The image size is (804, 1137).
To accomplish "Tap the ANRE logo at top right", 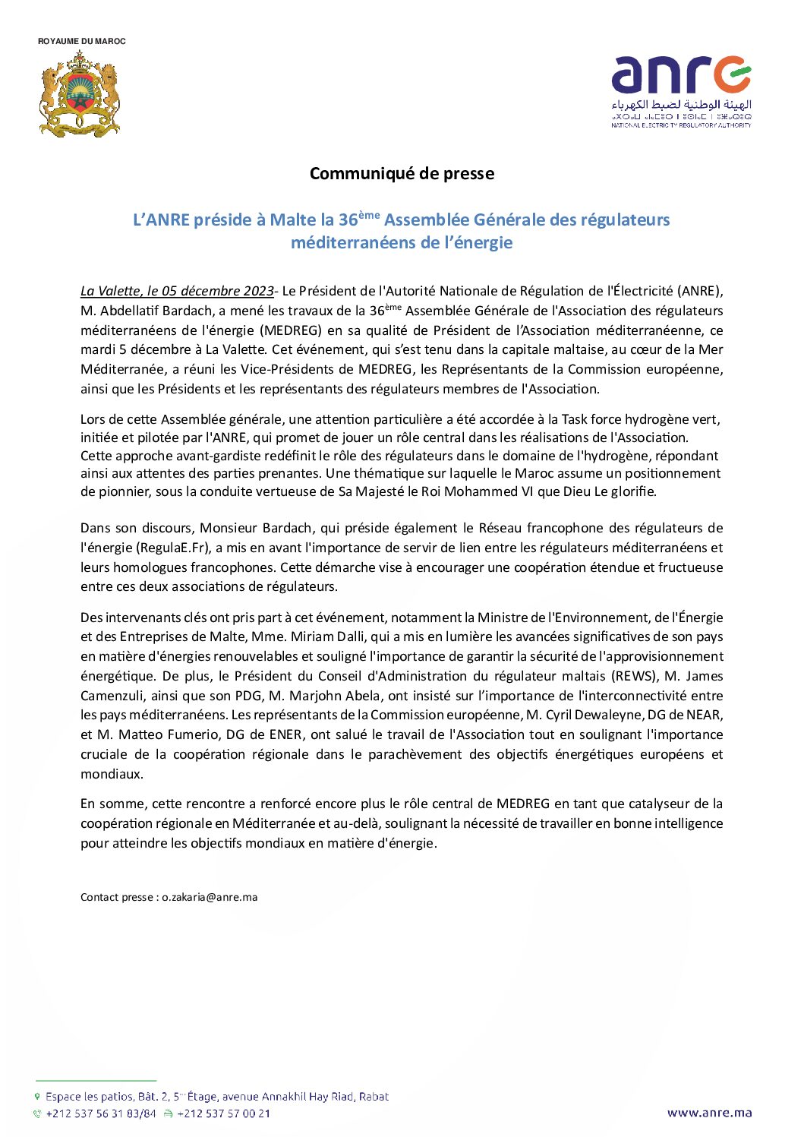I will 681,90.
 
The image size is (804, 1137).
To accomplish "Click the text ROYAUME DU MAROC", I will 82,41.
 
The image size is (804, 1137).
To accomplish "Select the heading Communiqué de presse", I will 402,173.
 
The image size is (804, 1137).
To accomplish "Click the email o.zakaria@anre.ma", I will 210,897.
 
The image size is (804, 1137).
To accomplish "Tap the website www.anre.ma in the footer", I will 709,1113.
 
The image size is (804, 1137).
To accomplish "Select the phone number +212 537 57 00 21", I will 223,1113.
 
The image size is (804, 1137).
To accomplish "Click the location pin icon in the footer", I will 37,1096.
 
